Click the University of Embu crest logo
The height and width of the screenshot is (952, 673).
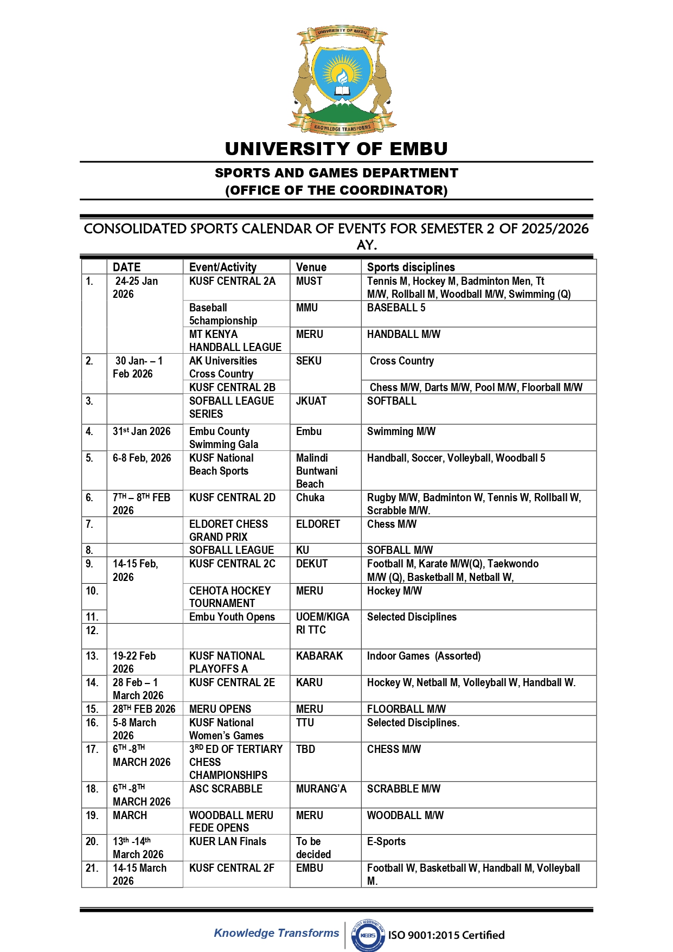[342, 79]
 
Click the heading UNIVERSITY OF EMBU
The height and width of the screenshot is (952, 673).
[336, 149]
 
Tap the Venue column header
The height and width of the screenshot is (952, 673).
[311, 267]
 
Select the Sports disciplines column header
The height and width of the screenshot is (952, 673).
[411, 267]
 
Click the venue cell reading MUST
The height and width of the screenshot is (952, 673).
[309, 281]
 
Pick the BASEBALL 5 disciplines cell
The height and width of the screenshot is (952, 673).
[396, 308]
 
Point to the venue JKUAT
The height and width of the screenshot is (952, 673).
[311, 401]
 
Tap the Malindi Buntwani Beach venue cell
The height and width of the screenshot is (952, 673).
[317, 471]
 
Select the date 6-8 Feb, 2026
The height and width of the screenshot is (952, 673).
[142, 458]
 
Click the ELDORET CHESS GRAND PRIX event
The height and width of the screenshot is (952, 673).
[228, 530]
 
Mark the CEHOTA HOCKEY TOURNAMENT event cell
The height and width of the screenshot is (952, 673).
[229, 597]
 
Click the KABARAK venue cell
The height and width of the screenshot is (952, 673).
[319, 656]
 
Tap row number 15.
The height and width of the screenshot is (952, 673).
[92, 709]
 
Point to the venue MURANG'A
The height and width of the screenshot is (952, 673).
[321, 789]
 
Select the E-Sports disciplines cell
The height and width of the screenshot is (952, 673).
[386, 841]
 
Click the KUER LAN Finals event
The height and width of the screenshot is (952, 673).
[228, 841]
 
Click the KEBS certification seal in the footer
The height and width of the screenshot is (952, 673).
[368, 935]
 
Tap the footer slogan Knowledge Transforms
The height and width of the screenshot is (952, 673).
[276, 933]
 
